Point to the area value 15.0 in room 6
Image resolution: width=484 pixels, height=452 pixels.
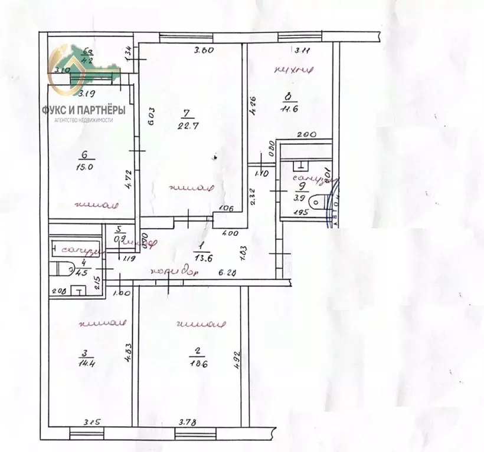86,167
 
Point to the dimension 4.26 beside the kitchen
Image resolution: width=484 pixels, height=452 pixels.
252,106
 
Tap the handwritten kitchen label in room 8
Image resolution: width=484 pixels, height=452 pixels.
289,71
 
